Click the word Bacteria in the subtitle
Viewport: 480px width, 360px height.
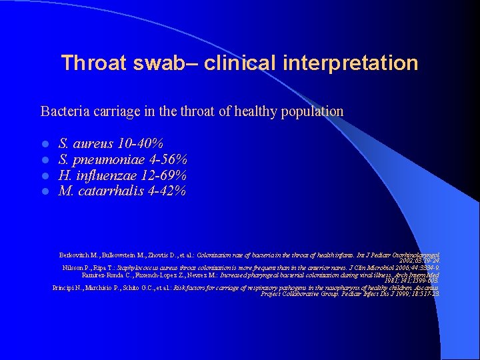tap(64, 111)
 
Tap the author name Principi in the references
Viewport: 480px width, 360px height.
tap(65, 287)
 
